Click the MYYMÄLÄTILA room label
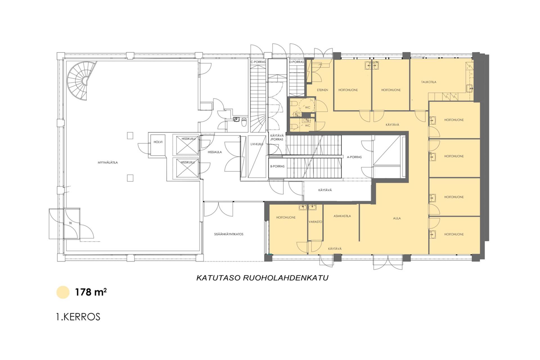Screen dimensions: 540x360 click(108, 163)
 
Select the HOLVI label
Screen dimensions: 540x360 click(158, 142)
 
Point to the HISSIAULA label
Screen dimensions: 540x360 click(215, 152)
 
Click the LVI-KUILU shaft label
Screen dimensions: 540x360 click(257, 144)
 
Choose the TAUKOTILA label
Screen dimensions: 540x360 click(429, 82)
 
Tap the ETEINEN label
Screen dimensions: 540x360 click(323, 90)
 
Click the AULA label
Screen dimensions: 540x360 click(397, 218)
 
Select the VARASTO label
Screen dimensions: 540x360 click(315, 222)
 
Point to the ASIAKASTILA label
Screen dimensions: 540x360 click(342, 216)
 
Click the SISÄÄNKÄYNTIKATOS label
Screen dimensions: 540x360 click(229, 234)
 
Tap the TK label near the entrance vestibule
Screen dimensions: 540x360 click(70, 223)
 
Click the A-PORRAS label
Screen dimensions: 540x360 click(354, 157)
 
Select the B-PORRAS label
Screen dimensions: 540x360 click(277, 166)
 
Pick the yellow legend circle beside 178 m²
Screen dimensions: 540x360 click(63, 292)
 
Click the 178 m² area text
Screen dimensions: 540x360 click(91, 292)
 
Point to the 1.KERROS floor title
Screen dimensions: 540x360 click(78, 317)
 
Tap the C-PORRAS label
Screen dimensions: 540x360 click(258, 62)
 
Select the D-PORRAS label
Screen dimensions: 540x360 click(297, 62)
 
